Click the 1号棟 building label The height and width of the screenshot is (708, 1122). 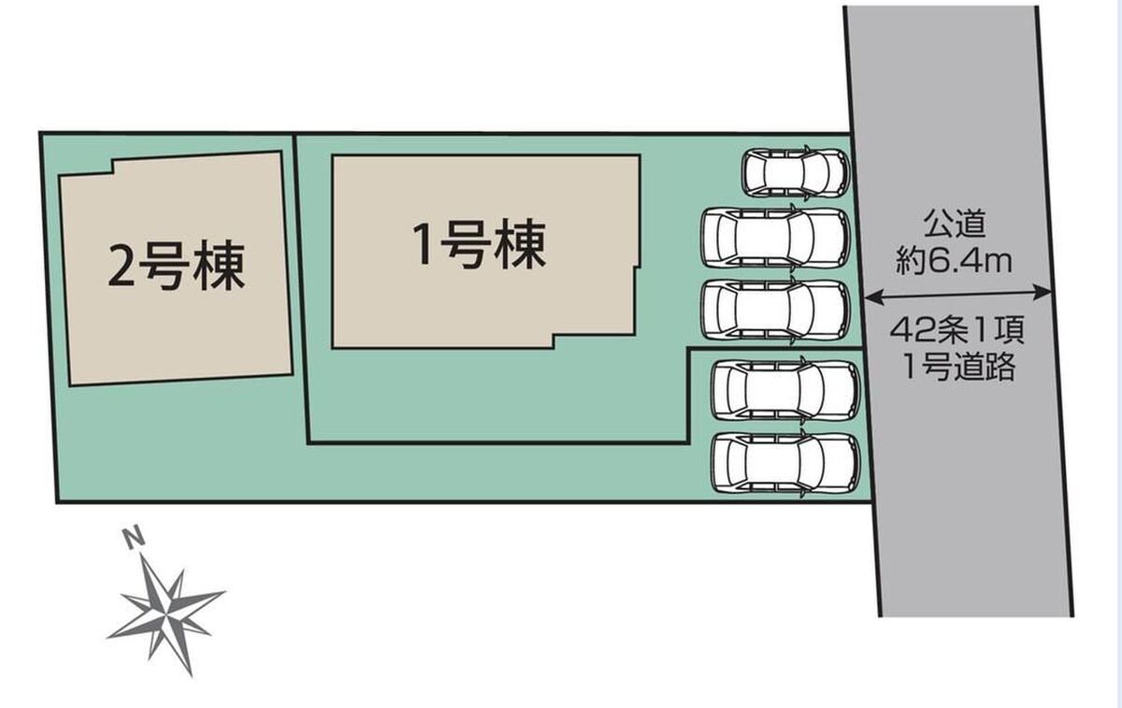[x=480, y=244]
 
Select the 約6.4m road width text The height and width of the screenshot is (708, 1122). [x=955, y=262]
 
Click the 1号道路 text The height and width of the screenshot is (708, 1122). [x=958, y=368]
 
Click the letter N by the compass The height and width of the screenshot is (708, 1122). [x=134, y=539]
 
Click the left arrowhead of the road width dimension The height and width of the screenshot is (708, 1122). [x=872, y=298]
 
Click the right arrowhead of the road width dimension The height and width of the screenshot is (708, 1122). [x=1042, y=293]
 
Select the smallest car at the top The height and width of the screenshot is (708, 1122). [x=796, y=173]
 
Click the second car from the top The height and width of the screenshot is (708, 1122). [x=775, y=238]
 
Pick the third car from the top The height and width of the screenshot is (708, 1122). [x=775, y=310]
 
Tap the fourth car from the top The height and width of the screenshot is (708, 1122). [x=785, y=390]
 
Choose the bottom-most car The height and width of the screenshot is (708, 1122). [x=785, y=463]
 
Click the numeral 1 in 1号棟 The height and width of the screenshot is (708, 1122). [x=422, y=244]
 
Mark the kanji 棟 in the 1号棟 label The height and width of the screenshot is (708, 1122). [x=521, y=244]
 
